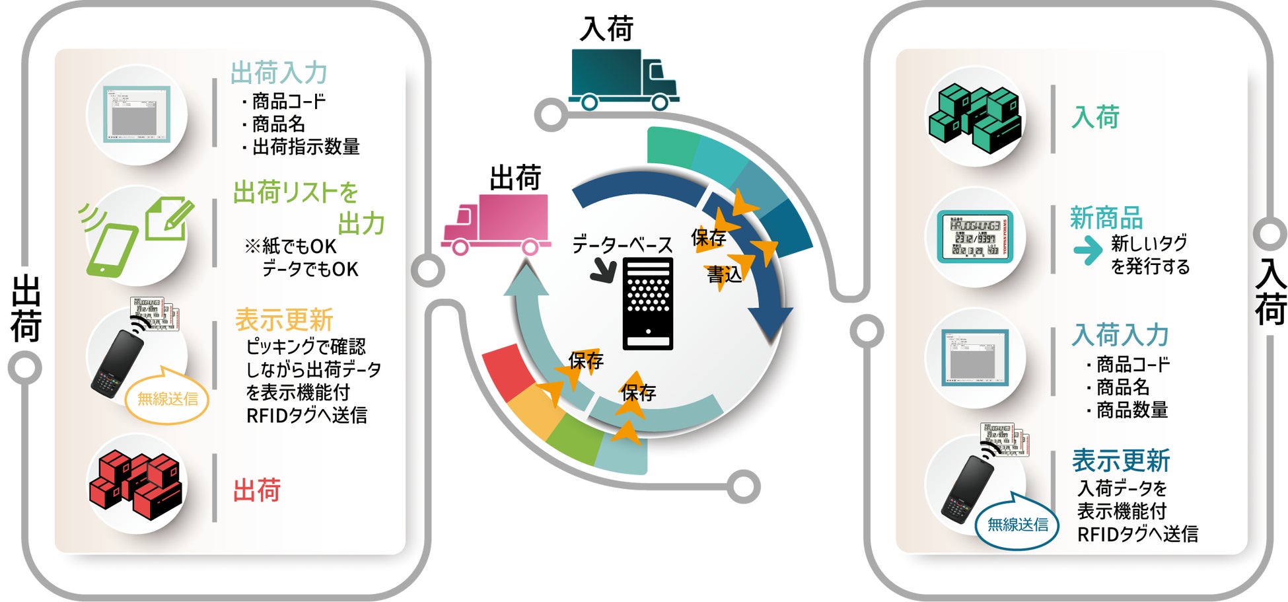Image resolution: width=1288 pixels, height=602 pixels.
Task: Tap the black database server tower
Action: [x=648, y=303]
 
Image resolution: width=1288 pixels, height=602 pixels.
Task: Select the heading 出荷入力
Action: [x=279, y=73]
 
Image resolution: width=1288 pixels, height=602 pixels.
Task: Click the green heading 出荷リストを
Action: [x=295, y=193]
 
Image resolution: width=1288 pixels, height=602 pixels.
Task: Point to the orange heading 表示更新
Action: [x=284, y=320]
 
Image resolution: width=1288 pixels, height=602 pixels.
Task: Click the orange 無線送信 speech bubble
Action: [x=167, y=398]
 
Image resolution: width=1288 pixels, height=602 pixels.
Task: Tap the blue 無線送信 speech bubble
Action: [x=1017, y=525]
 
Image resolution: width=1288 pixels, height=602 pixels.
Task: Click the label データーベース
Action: [x=622, y=245]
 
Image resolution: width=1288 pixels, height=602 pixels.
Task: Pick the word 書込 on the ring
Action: [x=724, y=274]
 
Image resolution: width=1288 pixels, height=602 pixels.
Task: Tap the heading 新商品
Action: [x=1106, y=218]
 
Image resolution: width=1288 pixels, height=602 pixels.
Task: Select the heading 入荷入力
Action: [x=1120, y=335]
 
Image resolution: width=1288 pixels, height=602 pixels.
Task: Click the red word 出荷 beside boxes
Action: [x=257, y=490]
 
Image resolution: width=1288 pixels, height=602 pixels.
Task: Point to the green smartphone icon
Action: [x=112, y=250]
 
